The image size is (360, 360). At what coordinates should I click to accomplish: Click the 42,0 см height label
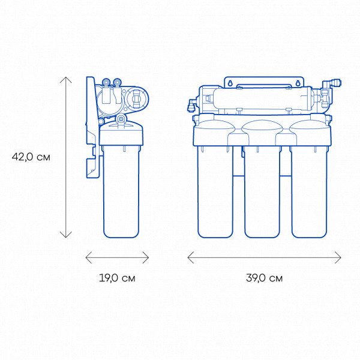tap(31, 157)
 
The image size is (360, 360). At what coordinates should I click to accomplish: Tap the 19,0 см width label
tap(117, 278)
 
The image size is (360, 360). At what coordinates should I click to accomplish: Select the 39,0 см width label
tap(264, 278)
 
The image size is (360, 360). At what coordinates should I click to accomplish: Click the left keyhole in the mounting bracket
tap(230, 83)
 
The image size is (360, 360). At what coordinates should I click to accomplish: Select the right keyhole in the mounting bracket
tap(298, 83)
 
